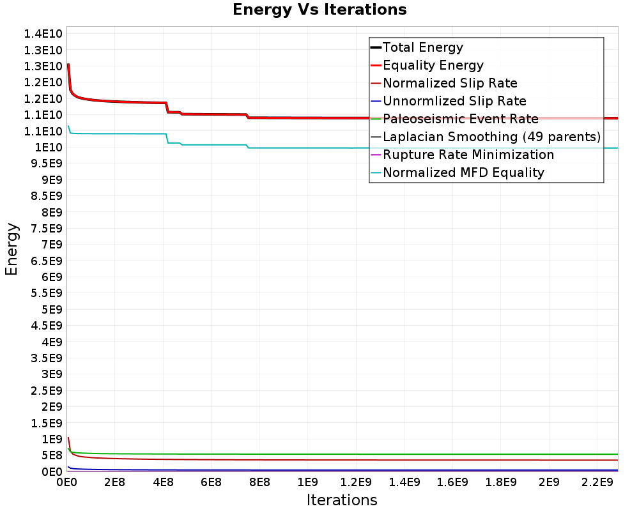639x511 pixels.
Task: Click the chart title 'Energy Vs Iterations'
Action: point(319,10)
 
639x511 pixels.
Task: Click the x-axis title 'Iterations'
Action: point(342,500)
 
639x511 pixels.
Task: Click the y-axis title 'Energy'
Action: point(12,249)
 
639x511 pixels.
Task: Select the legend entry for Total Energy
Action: point(422,47)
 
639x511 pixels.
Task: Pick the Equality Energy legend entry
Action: point(433,65)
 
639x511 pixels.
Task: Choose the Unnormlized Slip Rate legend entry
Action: point(454,101)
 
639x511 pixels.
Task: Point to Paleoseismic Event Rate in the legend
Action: point(460,119)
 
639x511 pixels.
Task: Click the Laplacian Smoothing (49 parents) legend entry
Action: point(491,137)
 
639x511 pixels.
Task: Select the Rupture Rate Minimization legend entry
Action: point(468,155)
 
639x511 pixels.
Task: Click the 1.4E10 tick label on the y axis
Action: point(43,34)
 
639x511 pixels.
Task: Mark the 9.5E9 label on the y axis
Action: point(44,164)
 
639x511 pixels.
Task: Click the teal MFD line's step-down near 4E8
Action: point(167,138)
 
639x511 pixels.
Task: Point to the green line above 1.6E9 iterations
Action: point(452,454)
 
